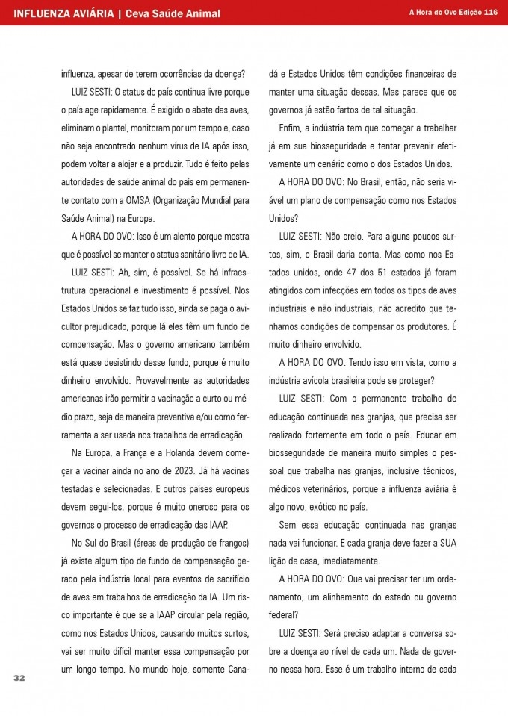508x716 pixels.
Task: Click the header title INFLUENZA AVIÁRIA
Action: point(63,13)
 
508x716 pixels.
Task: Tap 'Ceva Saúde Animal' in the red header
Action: point(172,13)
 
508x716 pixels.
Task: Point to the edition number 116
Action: point(491,13)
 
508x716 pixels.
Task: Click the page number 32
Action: point(19,677)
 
